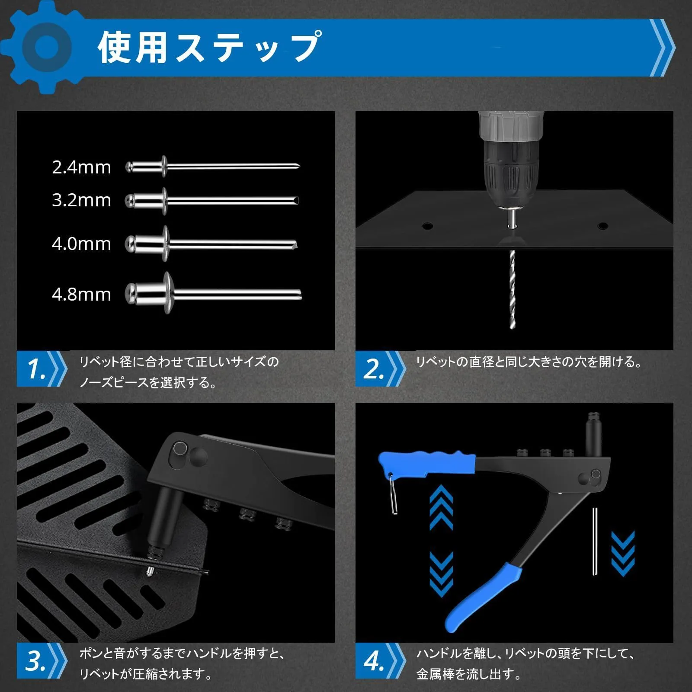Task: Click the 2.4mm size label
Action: pos(81,167)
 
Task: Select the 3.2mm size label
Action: pos(81,200)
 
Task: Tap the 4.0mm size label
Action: pos(81,244)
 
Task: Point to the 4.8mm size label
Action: pos(81,295)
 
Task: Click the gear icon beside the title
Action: pos(46,47)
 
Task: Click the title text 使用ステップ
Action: pos(209,47)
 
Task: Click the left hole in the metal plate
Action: pos(427,226)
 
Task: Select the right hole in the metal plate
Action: pos(602,226)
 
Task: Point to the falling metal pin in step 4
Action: pos(596,541)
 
